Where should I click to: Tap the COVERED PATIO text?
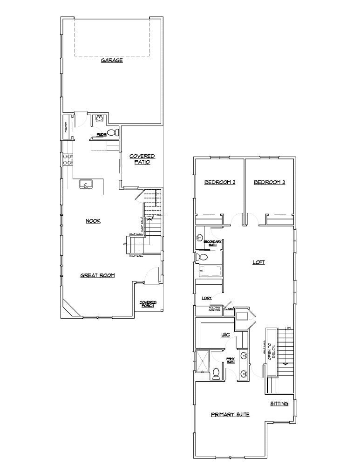click(142, 159)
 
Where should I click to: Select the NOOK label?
click(93, 221)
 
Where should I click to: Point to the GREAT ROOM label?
click(98, 275)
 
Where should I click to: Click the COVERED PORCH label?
click(148, 304)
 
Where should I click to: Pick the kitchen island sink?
click(85, 184)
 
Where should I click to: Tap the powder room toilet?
click(112, 133)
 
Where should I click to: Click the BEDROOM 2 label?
click(220, 182)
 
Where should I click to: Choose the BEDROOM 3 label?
click(269, 182)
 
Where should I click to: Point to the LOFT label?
click(258, 262)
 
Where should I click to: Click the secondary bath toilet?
click(203, 257)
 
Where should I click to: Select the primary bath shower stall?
click(203, 361)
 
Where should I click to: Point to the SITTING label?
click(279, 404)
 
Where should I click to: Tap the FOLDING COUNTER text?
click(214, 308)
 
